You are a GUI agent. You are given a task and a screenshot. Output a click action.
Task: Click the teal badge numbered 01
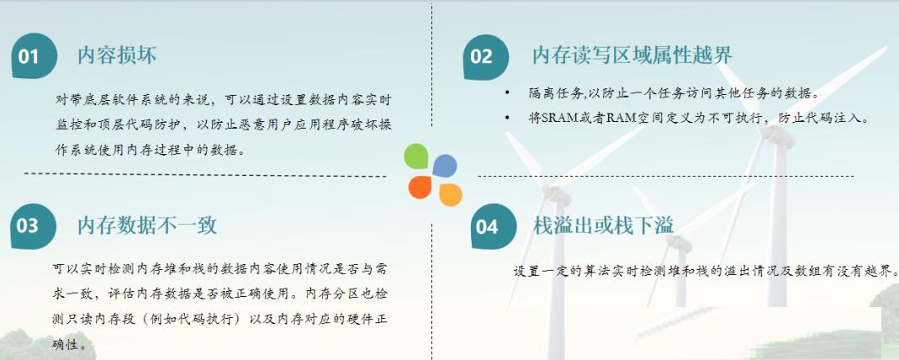tap(34, 56)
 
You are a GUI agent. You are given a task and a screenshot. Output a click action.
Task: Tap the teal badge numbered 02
tap(485, 56)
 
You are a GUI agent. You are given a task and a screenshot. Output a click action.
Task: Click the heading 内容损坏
tap(117, 55)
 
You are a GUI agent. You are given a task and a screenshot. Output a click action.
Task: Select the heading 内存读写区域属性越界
tap(632, 56)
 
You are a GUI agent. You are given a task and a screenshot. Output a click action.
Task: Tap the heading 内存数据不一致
tap(147, 225)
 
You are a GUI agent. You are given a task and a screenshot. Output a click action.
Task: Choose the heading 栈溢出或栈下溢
tap(603, 225)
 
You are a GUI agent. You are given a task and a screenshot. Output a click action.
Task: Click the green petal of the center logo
tap(416, 156)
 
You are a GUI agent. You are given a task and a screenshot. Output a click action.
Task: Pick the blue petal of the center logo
tap(444, 166)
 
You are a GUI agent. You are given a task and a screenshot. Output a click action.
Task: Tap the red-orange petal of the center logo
tap(420, 187)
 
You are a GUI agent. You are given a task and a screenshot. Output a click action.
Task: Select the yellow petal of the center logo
tap(451, 195)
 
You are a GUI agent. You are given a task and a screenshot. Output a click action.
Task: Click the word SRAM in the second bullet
tap(545, 119)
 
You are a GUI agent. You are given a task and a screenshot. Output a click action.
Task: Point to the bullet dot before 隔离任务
tap(507, 93)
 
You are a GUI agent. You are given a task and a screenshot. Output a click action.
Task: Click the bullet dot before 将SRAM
tap(507, 118)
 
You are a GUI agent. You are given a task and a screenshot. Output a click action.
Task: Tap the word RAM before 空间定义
tap(619, 119)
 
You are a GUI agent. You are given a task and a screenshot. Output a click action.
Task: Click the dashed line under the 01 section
tap(205, 174)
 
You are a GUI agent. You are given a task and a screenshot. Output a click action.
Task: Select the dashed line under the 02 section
tap(666, 176)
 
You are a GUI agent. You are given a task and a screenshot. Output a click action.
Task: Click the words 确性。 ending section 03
tap(71, 345)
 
